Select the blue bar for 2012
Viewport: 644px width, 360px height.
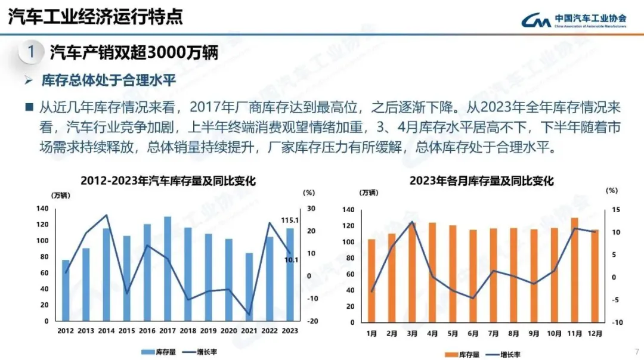(x=66, y=291)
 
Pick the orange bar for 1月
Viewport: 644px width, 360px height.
(x=371, y=280)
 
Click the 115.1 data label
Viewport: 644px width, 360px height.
(x=290, y=221)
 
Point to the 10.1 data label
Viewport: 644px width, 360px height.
(x=290, y=259)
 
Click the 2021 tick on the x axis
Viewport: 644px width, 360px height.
(x=249, y=330)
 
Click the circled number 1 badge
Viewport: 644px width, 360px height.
(x=31, y=52)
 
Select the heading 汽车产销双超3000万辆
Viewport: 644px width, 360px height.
(x=134, y=52)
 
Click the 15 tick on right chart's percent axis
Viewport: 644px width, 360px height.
(x=615, y=210)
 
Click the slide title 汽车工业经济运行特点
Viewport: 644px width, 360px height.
(x=95, y=17)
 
